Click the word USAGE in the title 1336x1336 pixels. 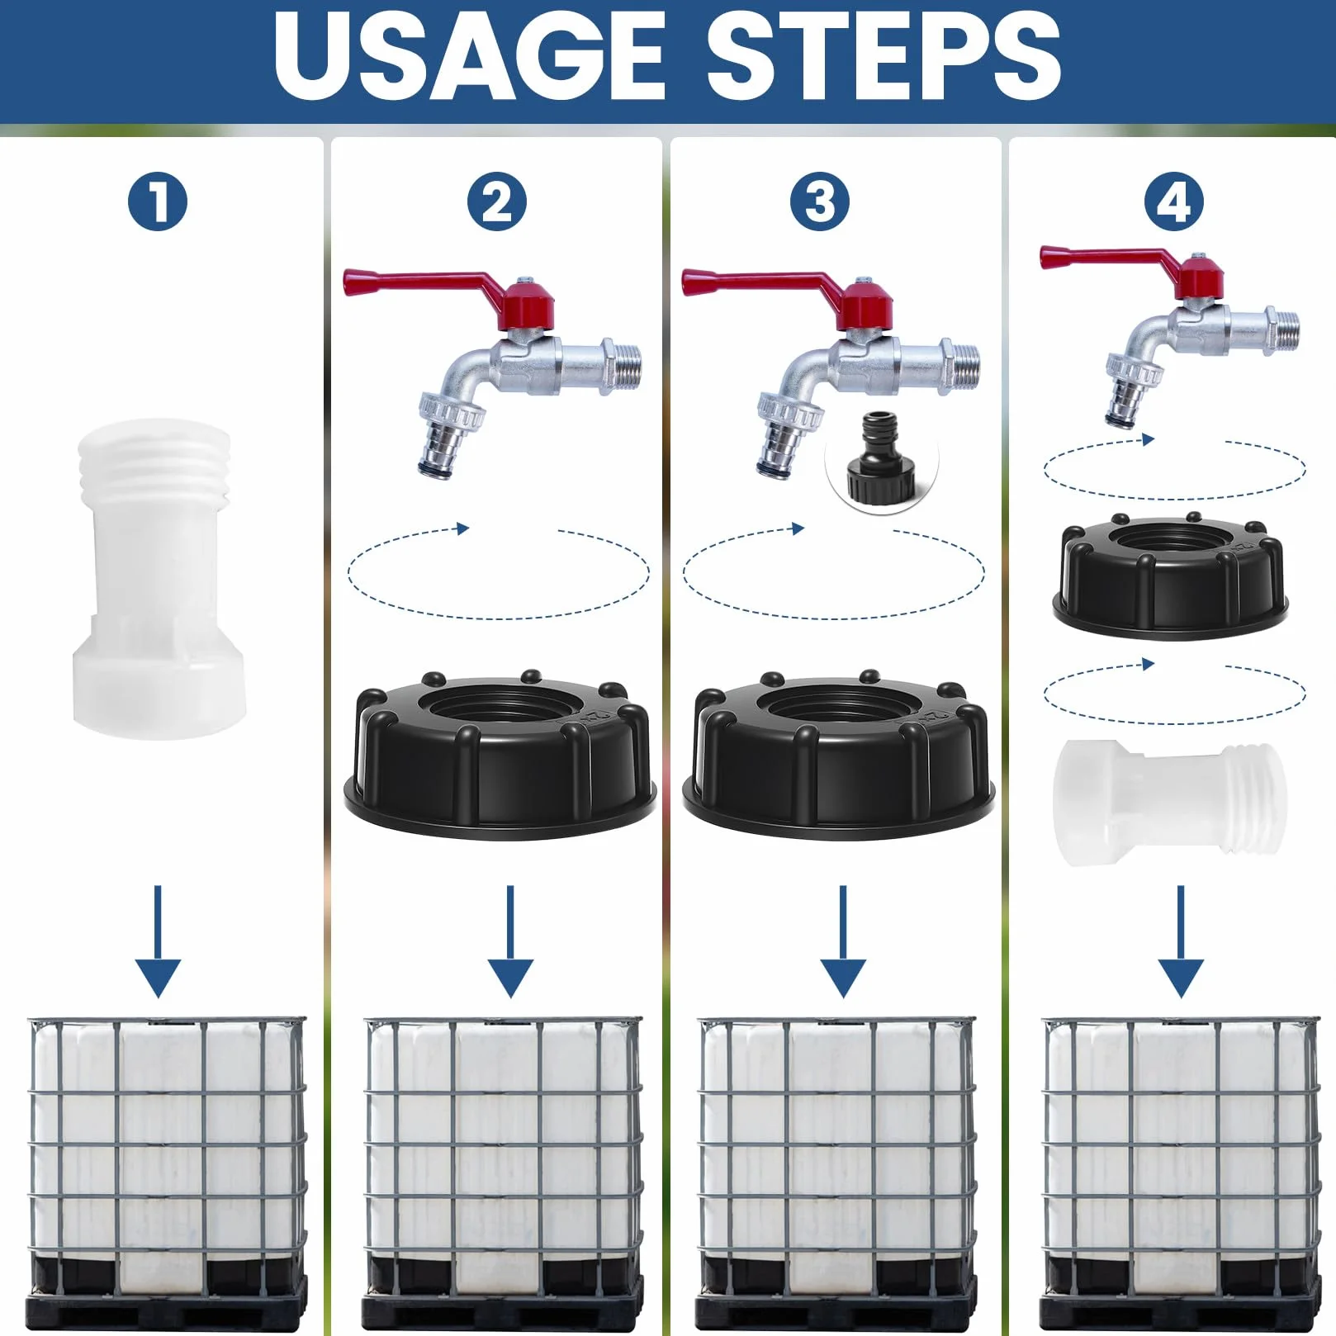(469, 57)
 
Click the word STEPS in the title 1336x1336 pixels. (884, 57)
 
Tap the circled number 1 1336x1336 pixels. (158, 201)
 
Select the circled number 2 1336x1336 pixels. (497, 201)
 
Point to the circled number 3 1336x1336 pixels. (820, 201)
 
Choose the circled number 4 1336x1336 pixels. (1173, 201)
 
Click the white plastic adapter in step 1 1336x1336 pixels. (156, 579)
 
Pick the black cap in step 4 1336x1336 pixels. (1170, 577)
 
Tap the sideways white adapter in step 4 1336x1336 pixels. (1170, 802)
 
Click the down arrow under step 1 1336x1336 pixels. (158, 941)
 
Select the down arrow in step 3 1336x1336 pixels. (843, 941)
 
